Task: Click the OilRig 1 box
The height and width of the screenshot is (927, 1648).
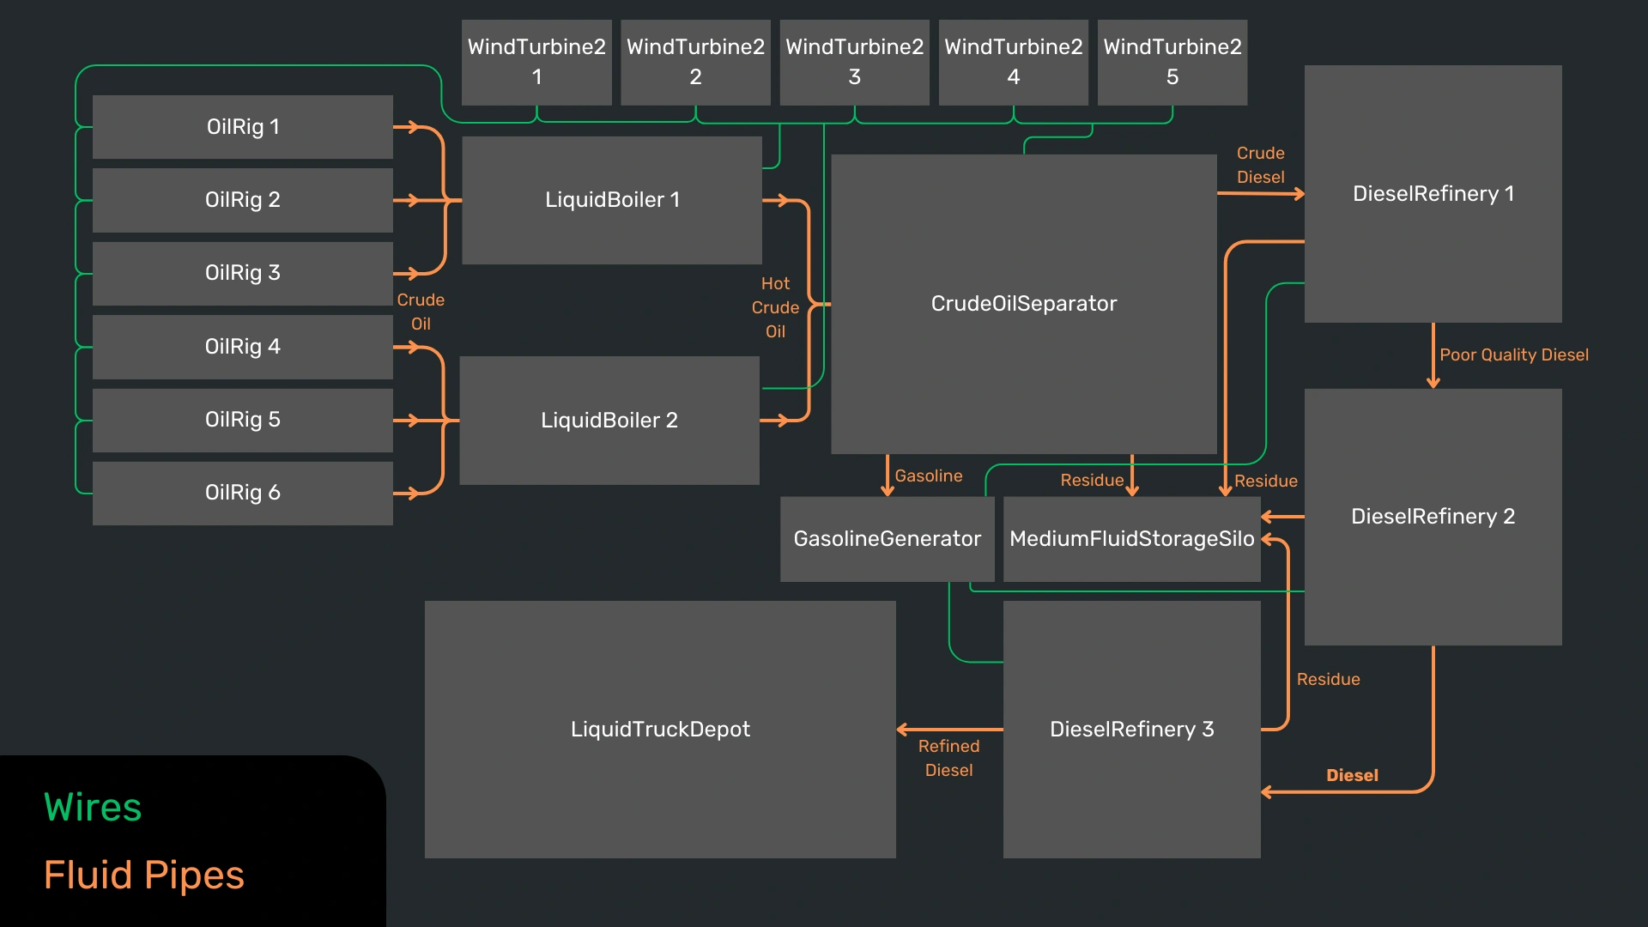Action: pyautogui.click(x=243, y=127)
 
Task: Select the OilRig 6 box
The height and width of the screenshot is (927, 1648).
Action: pyautogui.click(x=243, y=493)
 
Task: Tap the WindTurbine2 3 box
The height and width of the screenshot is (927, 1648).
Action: pyautogui.click(x=854, y=62)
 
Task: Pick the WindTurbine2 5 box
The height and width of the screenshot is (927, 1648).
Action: pyautogui.click(x=1172, y=62)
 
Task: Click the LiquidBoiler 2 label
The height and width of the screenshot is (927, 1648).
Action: pyautogui.click(x=609, y=421)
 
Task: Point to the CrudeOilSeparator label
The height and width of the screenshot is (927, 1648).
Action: pyautogui.click(x=1024, y=304)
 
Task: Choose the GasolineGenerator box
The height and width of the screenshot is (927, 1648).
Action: pyautogui.click(x=887, y=539)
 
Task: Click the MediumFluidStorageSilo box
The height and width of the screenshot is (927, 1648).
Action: pyautogui.click(x=1131, y=539)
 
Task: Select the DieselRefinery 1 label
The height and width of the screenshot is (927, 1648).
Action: pyautogui.click(x=1433, y=194)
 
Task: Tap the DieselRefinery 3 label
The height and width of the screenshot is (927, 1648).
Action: pyautogui.click(x=1131, y=730)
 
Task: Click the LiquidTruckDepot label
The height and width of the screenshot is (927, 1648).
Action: pyautogui.click(x=660, y=730)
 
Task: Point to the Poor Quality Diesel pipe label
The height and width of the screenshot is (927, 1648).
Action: pyautogui.click(x=1514, y=355)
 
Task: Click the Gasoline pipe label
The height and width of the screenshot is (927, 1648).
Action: pyautogui.click(x=929, y=476)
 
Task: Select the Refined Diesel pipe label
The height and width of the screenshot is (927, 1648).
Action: pyautogui.click(x=948, y=759)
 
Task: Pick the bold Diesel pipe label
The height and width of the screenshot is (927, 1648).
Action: pyautogui.click(x=1352, y=776)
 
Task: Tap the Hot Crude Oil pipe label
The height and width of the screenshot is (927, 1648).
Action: pyautogui.click(x=775, y=307)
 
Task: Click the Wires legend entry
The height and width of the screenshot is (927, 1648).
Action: pyautogui.click(x=93, y=808)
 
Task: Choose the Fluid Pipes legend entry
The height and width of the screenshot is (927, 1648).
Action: pyautogui.click(x=144, y=875)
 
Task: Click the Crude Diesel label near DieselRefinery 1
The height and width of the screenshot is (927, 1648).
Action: pyautogui.click(x=1260, y=165)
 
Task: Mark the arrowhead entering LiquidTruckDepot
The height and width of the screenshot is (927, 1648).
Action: pyautogui.click(x=901, y=730)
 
